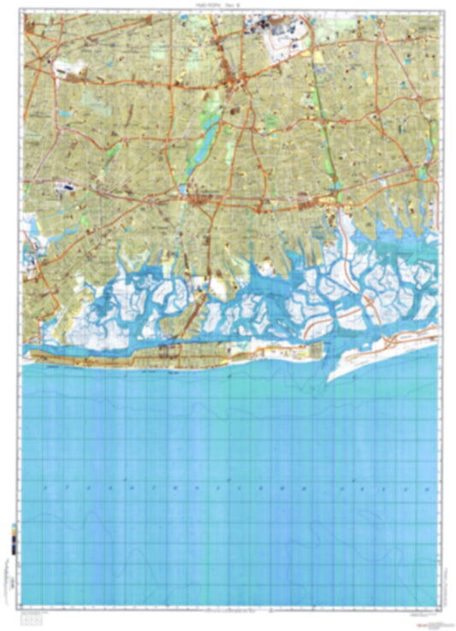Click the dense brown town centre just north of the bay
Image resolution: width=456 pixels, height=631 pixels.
[x=202, y=200]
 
